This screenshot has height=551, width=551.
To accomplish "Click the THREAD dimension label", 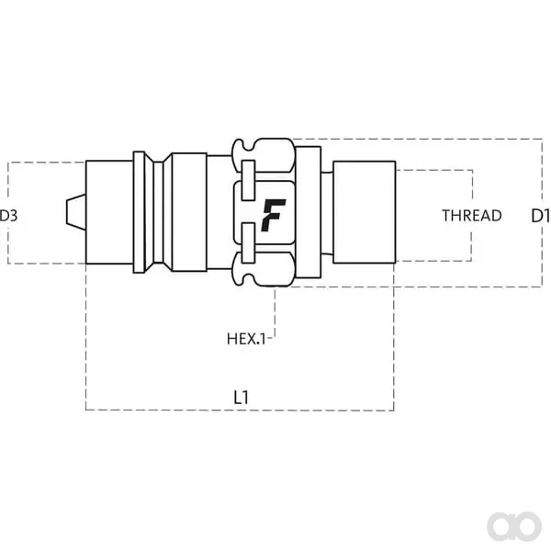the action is [x=472, y=216].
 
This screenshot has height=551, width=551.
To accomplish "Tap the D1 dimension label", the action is [x=541, y=216].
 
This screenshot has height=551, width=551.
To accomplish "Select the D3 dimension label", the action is [x=7, y=216].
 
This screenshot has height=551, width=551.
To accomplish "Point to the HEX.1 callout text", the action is [x=246, y=339].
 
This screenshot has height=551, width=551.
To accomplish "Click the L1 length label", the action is [x=241, y=398].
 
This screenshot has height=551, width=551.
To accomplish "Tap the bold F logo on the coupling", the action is [x=273, y=215].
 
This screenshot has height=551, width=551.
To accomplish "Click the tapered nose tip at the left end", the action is [x=76, y=212].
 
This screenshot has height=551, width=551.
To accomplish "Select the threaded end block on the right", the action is [x=365, y=212].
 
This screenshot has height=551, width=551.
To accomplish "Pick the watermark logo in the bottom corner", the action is [x=514, y=526].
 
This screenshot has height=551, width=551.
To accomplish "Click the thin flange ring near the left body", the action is [x=140, y=212].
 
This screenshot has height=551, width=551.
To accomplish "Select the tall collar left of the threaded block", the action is [x=309, y=212].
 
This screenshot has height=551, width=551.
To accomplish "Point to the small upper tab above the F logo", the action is [x=249, y=180].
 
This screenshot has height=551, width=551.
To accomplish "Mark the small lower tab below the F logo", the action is [x=249, y=242].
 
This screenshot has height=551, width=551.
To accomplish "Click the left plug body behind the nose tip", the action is [x=109, y=212].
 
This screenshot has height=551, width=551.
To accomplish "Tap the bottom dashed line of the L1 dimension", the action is [x=240, y=410].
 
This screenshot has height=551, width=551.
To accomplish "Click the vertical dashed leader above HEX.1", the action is [x=275, y=312].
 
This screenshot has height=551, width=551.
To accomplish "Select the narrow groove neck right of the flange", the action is [x=159, y=212].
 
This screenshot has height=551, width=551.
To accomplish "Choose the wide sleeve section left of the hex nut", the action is [x=189, y=212].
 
